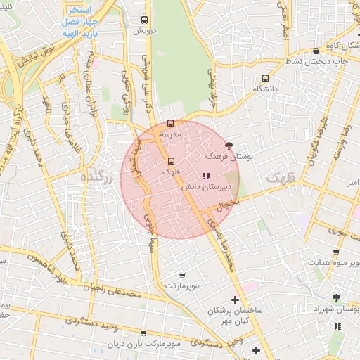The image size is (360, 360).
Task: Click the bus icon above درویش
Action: pos(144,20)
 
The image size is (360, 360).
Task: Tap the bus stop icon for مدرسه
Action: pos(171,124)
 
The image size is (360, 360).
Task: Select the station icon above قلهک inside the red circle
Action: pos(169,161)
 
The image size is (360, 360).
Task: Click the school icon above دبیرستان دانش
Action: pos(205,176)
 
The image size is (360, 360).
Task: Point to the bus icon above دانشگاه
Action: pos(265,79)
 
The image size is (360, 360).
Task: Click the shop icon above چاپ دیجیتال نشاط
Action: pos(316,51)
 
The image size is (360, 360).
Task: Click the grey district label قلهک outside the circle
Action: pos(283,181)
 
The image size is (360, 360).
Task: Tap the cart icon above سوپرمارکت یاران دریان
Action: pos(143,333)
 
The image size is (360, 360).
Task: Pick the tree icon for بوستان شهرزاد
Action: pos(336,297)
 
